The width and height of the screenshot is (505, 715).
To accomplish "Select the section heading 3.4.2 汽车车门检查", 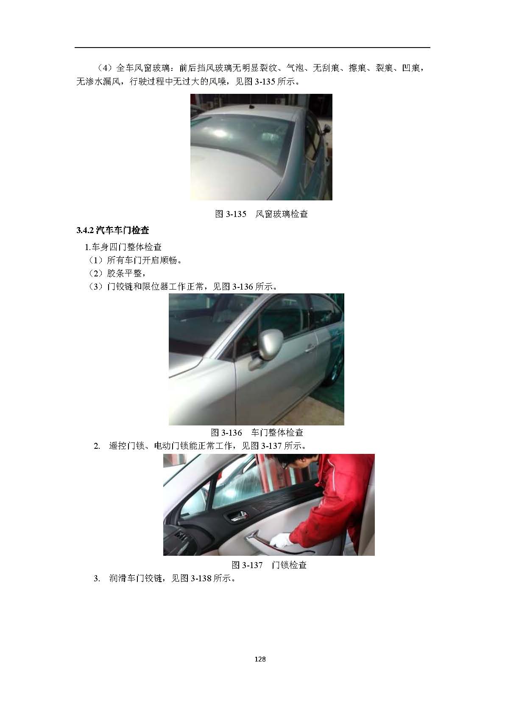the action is click(112, 230).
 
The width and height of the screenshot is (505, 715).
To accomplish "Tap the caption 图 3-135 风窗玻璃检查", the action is click(261, 214).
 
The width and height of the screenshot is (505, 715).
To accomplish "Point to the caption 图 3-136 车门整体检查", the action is click(257, 433).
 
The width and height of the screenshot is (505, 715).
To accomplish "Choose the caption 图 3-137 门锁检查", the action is click(269, 565).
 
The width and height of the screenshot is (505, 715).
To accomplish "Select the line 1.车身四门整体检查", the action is click(123, 247).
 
